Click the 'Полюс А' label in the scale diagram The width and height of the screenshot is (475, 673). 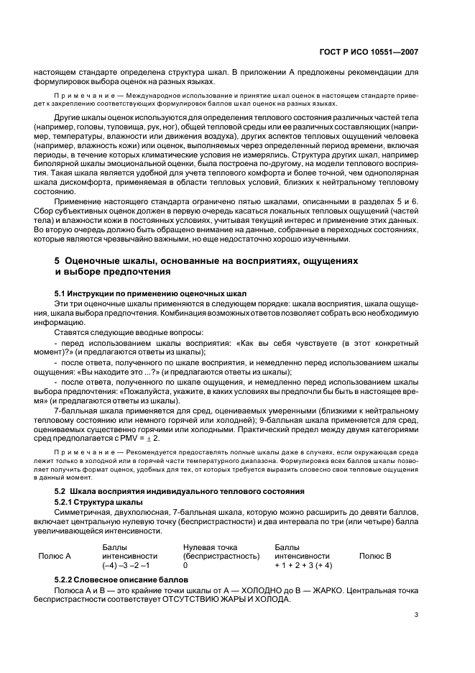[54, 556]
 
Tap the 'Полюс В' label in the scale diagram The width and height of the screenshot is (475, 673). [375, 556]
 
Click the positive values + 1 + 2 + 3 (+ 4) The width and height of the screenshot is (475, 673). [303, 566]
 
